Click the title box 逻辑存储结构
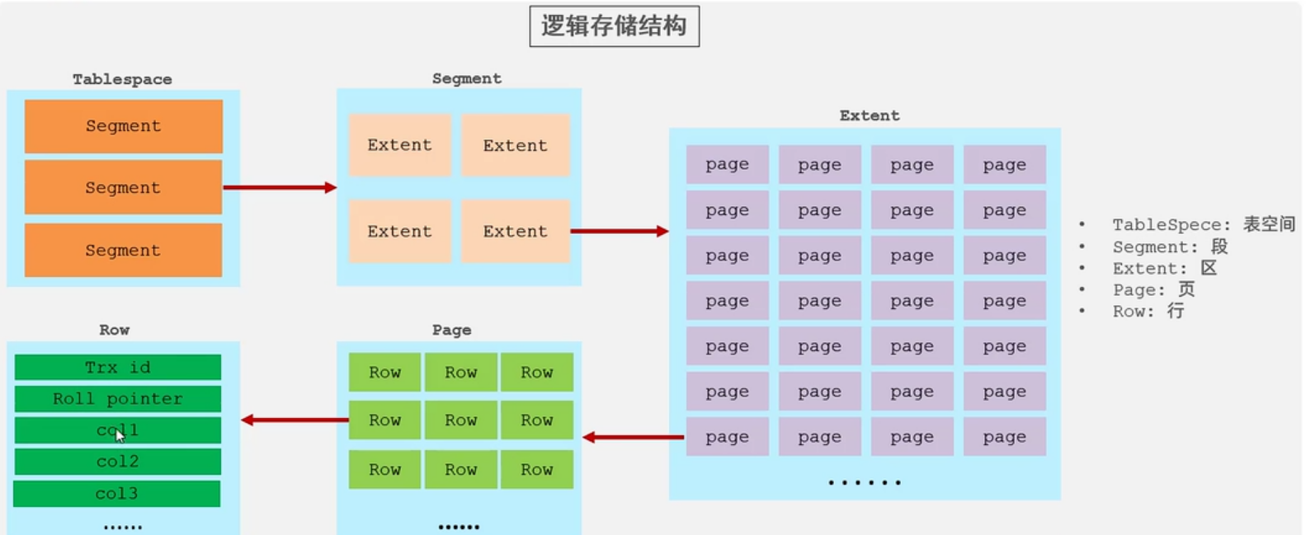(614, 26)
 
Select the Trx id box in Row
(118, 367)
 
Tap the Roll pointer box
(118, 399)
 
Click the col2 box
(118, 462)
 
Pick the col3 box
(116, 494)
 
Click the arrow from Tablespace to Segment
(280, 188)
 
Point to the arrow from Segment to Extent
(620, 232)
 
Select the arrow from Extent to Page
(633, 437)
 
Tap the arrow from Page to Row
(295, 420)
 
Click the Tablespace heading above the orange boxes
(122, 79)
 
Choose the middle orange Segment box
(123, 188)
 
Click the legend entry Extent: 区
(1164, 269)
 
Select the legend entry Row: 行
(1148, 312)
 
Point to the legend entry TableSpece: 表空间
(1204, 224)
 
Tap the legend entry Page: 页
(1154, 289)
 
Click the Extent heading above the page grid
(870, 115)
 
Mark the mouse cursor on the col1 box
(120, 435)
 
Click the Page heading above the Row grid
(451, 331)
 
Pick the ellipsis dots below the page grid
(865, 482)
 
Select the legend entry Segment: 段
(1170, 247)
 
